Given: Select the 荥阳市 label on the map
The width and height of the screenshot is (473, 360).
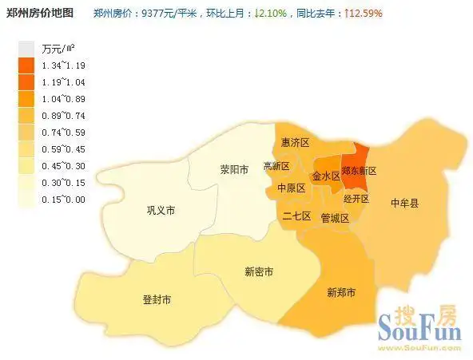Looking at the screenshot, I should click(235, 169).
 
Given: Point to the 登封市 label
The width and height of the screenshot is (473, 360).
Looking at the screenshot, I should click(157, 299).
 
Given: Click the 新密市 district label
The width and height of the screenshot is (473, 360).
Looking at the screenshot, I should click(259, 271).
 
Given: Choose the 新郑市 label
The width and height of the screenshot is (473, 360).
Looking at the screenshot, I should click(342, 292).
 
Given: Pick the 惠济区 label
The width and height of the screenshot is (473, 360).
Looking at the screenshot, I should click(296, 142).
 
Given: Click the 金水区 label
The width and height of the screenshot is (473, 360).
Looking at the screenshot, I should click(326, 175).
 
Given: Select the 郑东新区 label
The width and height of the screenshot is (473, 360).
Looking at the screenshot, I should click(358, 171).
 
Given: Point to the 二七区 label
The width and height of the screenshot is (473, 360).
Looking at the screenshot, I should click(296, 216).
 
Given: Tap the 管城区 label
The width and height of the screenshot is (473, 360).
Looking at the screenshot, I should click(335, 218).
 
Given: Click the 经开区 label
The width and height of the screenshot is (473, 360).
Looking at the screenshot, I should click(356, 198).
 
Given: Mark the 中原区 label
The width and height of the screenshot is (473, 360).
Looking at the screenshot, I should click(291, 188).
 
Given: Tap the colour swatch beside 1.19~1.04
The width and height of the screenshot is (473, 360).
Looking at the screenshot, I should click(26, 81).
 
